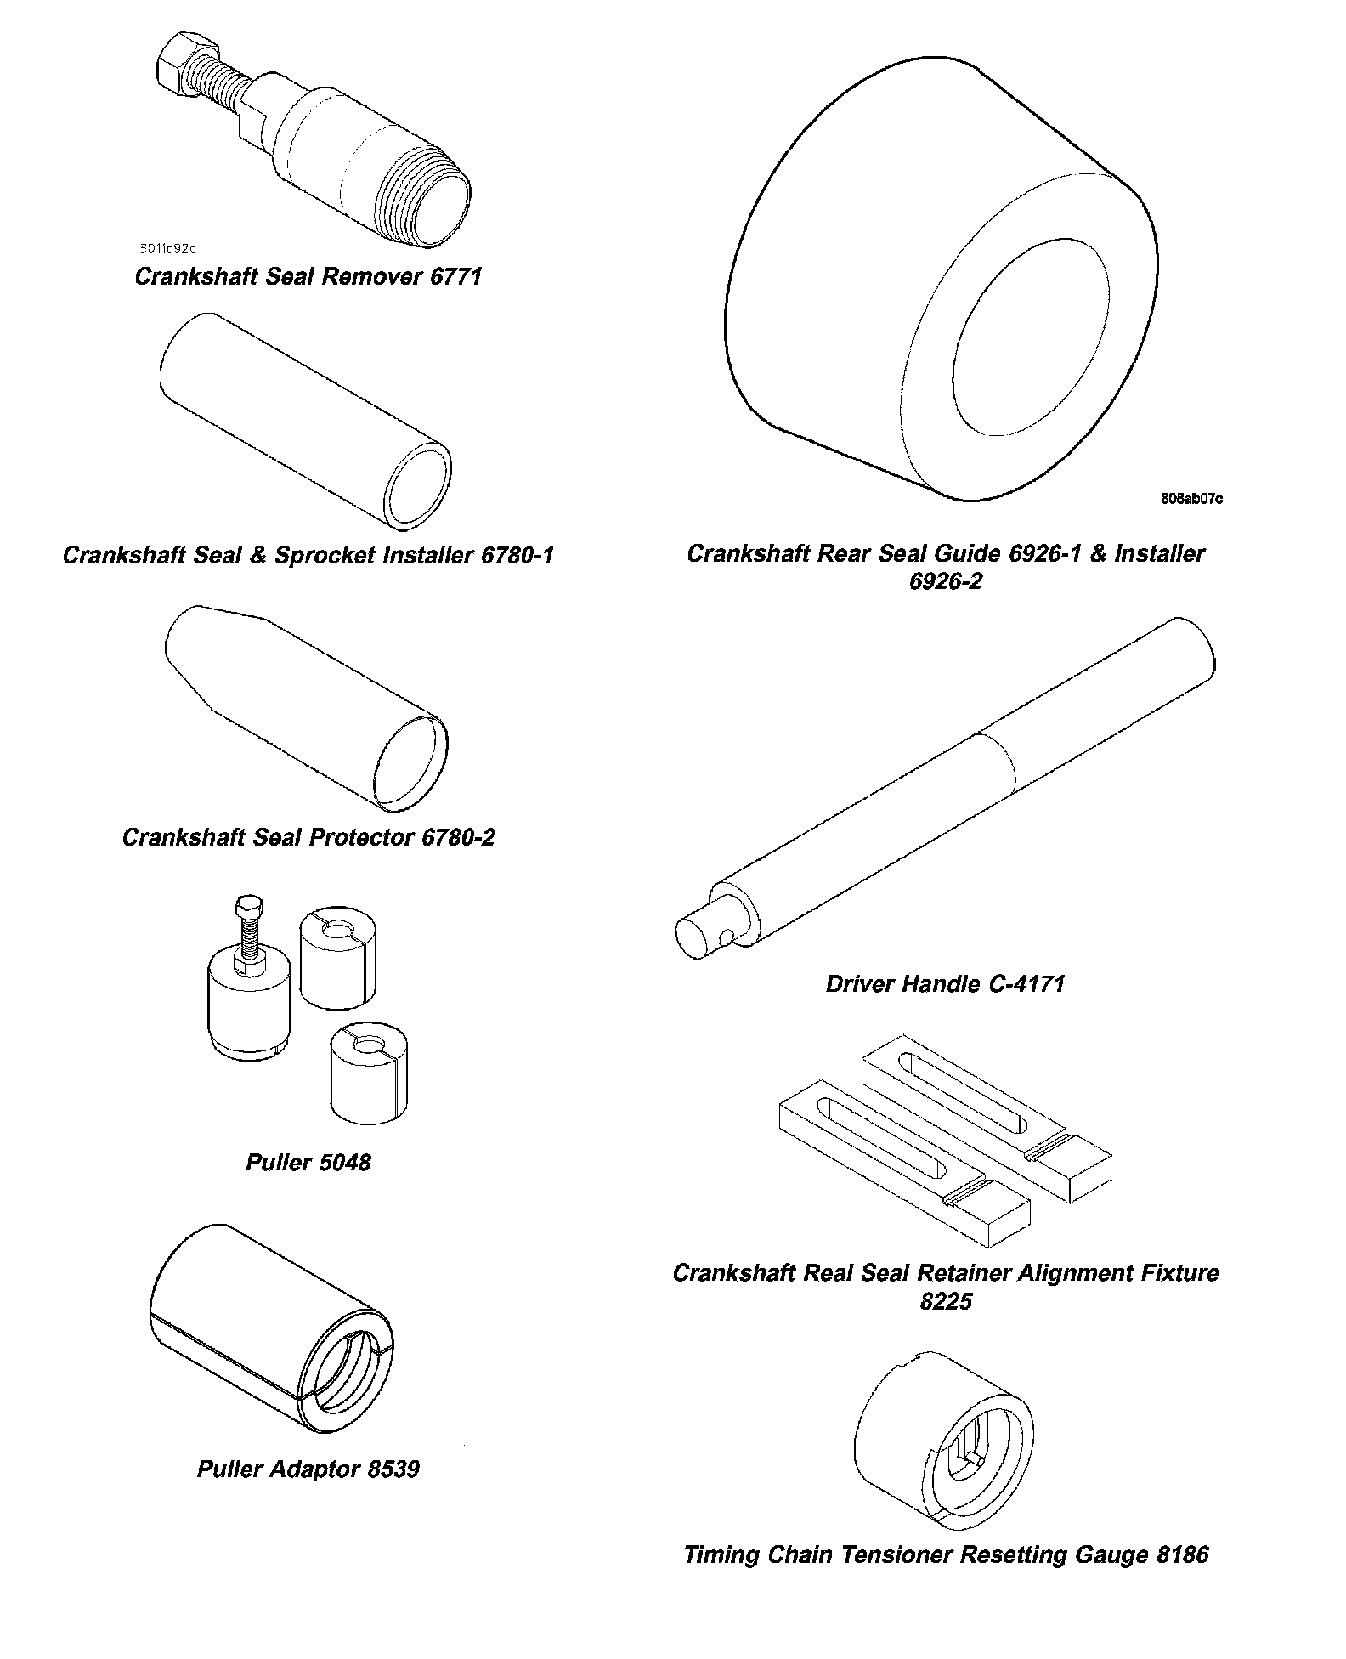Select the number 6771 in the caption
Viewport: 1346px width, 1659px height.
(455, 277)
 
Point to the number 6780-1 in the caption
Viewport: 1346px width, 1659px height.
(517, 556)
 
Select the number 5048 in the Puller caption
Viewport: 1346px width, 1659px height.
(344, 1163)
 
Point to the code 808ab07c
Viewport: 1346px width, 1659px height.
(1192, 499)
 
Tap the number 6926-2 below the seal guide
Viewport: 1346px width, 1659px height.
(945, 582)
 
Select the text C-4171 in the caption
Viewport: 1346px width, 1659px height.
(1026, 984)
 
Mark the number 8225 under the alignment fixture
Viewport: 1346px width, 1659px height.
(946, 1302)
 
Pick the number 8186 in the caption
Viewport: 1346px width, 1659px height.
(1182, 1555)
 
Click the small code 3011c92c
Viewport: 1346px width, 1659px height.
(167, 249)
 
